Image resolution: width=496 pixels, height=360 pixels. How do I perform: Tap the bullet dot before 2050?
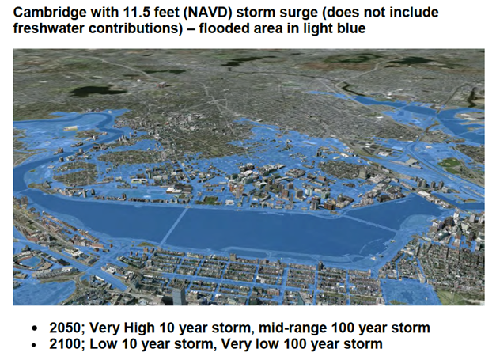tap(35, 328)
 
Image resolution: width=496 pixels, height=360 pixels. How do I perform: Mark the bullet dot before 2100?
tap(35, 344)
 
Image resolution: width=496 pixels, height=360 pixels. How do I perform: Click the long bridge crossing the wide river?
tap(174, 226)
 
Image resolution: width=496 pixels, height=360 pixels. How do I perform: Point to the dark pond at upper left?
tap(98, 91)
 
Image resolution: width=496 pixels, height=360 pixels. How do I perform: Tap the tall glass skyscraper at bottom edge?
tap(178, 297)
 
